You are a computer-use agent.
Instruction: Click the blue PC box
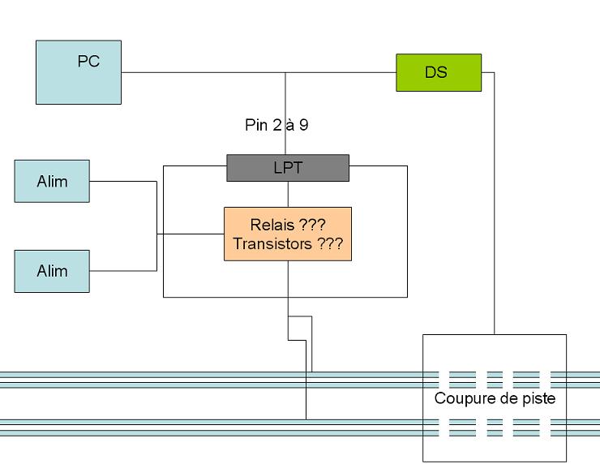(x=79, y=72)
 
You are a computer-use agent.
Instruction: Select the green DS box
(x=439, y=72)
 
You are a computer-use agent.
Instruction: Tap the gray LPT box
(x=288, y=168)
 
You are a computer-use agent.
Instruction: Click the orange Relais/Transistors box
(x=288, y=234)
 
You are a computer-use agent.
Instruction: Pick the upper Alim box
(x=52, y=181)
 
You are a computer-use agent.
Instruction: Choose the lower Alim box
(x=52, y=271)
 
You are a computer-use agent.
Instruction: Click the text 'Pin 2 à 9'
(x=276, y=125)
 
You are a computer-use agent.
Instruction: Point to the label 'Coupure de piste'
(x=495, y=398)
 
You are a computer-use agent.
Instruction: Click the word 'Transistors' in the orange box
(x=272, y=244)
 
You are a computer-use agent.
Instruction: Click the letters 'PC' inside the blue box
(x=88, y=62)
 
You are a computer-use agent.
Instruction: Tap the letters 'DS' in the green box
(x=436, y=72)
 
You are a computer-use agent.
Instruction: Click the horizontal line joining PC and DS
(x=259, y=72)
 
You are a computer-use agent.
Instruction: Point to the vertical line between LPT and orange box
(x=288, y=195)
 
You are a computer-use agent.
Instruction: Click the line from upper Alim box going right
(x=123, y=181)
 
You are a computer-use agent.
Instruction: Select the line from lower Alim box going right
(x=123, y=271)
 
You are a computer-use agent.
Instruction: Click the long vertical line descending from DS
(x=494, y=204)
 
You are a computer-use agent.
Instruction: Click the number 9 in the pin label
(x=304, y=125)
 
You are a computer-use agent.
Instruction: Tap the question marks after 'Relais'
(x=312, y=225)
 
